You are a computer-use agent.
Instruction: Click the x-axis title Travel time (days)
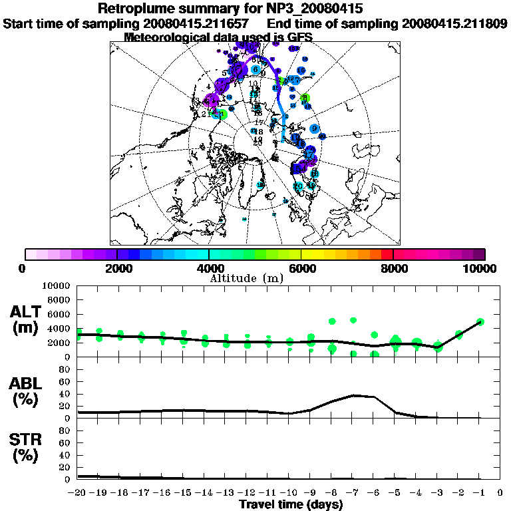291,504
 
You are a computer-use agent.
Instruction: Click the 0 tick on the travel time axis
500,493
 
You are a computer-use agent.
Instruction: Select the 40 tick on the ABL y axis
65,393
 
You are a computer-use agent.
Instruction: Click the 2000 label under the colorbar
116,268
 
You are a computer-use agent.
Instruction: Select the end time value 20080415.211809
454,23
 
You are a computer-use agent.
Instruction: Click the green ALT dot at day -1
480,322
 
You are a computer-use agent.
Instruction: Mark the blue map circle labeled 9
314,128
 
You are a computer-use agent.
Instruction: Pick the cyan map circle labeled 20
299,186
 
